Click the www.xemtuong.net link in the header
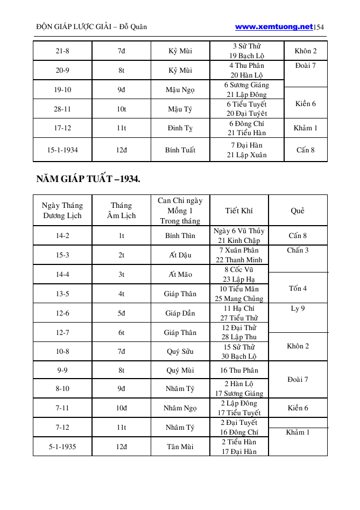[274, 26]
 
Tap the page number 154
[319, 27]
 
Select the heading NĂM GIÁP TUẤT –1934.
[88, 179]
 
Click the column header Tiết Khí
[239, 211]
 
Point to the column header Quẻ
[298, 211]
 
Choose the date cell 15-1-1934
[62, 150]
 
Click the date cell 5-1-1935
[62, 446]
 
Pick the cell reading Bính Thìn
[180, 236]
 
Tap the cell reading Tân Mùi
[180, 446]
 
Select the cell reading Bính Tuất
[180, 150]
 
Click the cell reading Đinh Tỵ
[180, 128]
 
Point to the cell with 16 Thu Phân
[239, 370]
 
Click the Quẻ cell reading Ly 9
[298, 309]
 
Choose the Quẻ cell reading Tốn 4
[298, 288]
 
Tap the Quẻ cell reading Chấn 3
[298, 250]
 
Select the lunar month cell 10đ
[121, 408]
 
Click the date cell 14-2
[62, 236]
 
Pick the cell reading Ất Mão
[180, 274]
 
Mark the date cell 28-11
[62, 109]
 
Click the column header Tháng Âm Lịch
[121, 211]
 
